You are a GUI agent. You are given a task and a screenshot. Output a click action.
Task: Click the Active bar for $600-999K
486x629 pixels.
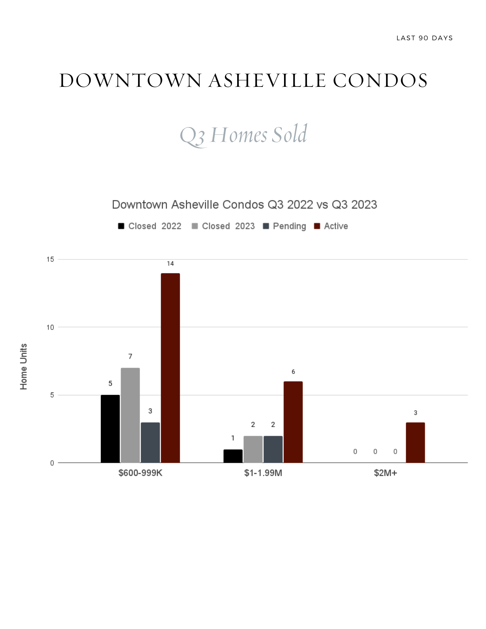click(x=170, y=368)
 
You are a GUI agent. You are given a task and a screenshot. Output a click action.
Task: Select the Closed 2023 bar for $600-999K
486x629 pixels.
click(x=130, y=415)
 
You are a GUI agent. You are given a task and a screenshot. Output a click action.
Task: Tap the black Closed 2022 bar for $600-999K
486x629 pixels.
click(x=110, y=429)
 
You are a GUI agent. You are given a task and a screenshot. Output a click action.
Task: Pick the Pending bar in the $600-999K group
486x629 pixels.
click(x=150, y=442)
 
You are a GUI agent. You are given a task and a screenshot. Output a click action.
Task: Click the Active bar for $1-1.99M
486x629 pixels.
click(x=293, y=422)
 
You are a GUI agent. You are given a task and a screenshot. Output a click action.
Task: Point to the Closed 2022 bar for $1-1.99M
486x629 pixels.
click(x=233, y=456)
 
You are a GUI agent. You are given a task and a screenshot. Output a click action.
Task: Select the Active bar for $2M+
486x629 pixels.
click(x=415, y=442)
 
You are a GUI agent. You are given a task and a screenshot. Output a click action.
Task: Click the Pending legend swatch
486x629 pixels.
click(x=266, y=226)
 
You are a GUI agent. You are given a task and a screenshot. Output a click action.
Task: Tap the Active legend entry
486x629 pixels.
click(x=331, y=226)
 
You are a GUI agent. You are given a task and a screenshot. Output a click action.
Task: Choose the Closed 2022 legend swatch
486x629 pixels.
click(x=121, y=226)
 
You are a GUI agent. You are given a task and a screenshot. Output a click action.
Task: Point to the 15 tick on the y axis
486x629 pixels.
click(x=50, y=259)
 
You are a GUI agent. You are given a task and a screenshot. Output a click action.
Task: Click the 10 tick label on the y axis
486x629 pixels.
click(x=50, y=327)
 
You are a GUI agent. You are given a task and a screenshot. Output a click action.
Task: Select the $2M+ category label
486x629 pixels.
click(x=385, y=473)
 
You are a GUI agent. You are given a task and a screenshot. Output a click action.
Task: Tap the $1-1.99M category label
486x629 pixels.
click(x=263, y=473)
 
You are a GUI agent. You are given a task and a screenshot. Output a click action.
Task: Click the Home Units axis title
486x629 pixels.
click(x=24, y=367)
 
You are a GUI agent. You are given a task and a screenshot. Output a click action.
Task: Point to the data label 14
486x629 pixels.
click(x=170, y=264)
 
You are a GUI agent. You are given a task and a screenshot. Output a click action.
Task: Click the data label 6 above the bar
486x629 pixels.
click(x=293, y=372)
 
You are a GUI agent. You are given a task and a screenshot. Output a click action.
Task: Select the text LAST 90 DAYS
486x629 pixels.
click(x=424, y=38)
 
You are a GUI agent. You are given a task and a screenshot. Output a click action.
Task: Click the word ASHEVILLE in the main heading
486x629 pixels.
click(x=267, y=81)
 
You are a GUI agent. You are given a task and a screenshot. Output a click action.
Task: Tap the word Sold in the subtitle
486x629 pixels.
click(x=289, y=135)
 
